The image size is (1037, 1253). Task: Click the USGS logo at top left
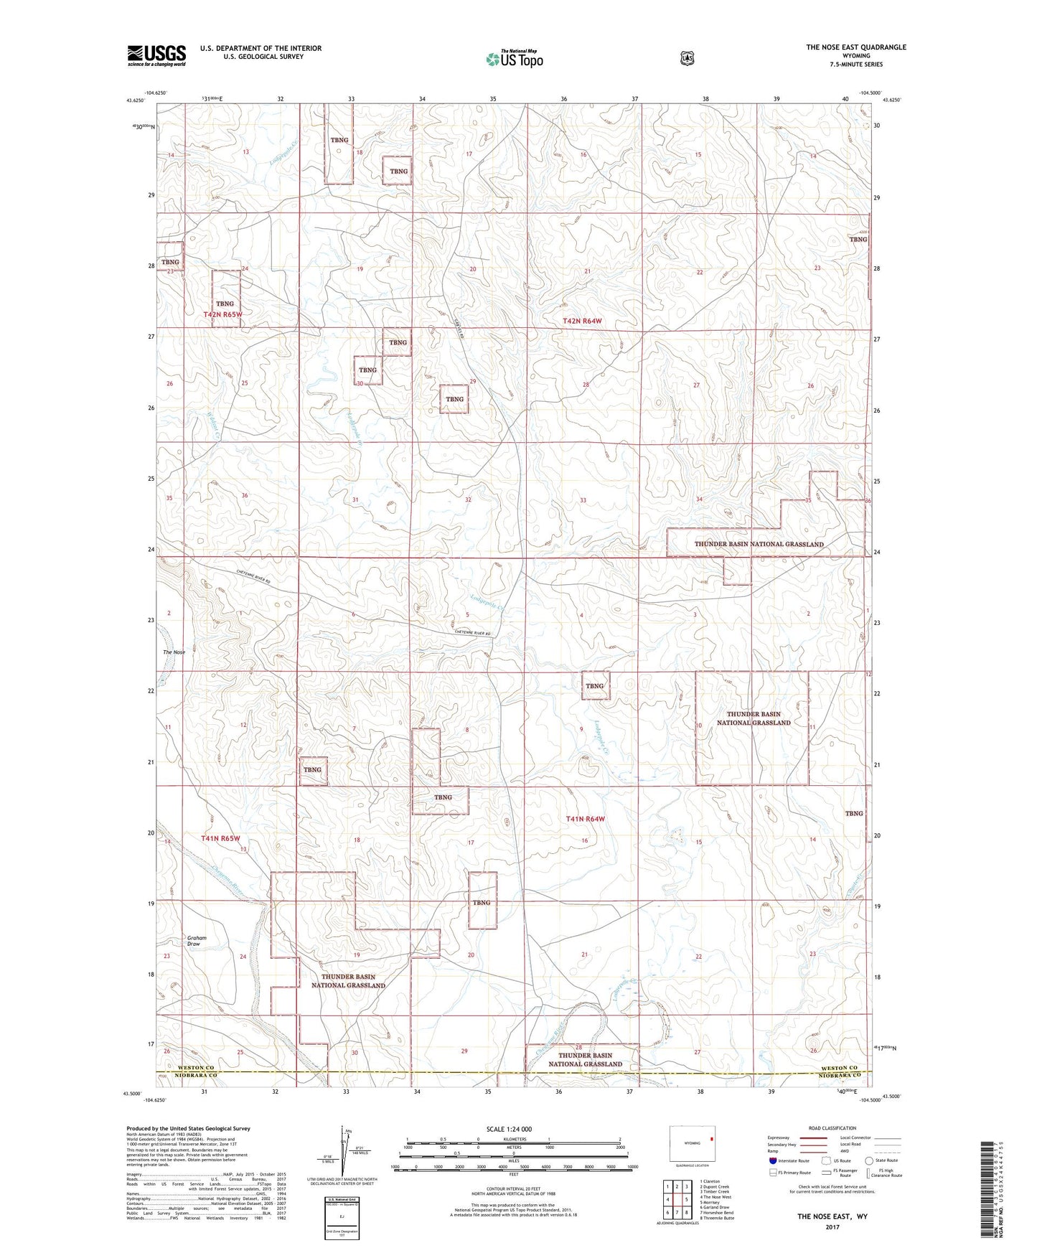[x=156, y=55]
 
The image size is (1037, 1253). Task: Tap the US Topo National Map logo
[x=514, y=59]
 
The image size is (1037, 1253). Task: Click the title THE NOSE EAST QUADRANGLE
[x=855, y=47]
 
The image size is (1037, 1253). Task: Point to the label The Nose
[x=174, y=652]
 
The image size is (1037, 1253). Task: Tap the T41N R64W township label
[x=585, y=819]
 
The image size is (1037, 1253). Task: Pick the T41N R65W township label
[x=220, y=838]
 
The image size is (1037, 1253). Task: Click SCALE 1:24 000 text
[x=509, y=1129]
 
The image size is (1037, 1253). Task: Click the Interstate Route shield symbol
[x=772, y=1160]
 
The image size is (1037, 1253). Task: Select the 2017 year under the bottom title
[x=832, y=1226]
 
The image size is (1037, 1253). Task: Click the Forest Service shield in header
[x=688, y=57]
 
